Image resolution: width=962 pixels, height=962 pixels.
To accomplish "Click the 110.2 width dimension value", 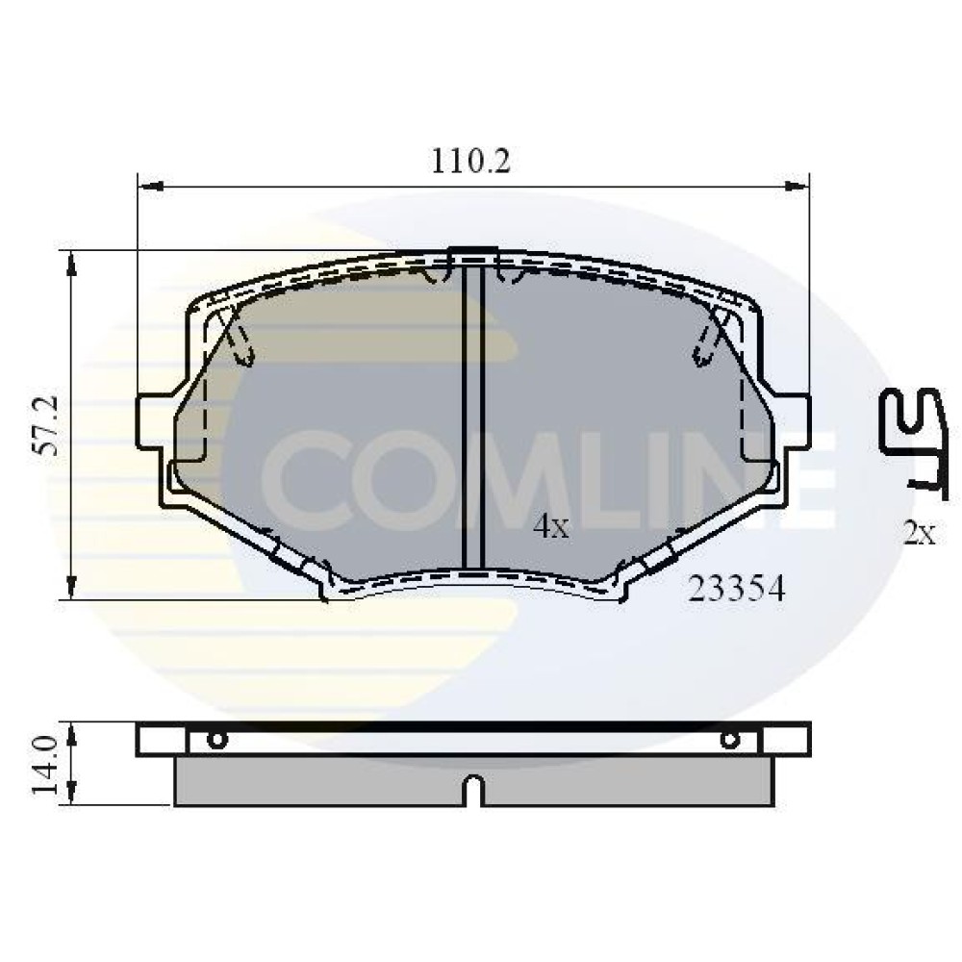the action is (x=470, y=162).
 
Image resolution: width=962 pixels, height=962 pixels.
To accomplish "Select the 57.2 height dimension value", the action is (x=47, y=425).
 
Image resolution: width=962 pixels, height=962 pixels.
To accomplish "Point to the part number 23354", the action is (x=736, y=590).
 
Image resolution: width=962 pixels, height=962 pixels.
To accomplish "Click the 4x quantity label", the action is (x=551, y=526).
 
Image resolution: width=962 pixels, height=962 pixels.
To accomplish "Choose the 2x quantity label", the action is (x=919, y=534).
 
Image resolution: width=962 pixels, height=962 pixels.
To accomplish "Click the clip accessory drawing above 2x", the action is (x=913, y=443).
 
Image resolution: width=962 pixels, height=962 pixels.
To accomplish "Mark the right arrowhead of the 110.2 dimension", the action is (x=797, y=185).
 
